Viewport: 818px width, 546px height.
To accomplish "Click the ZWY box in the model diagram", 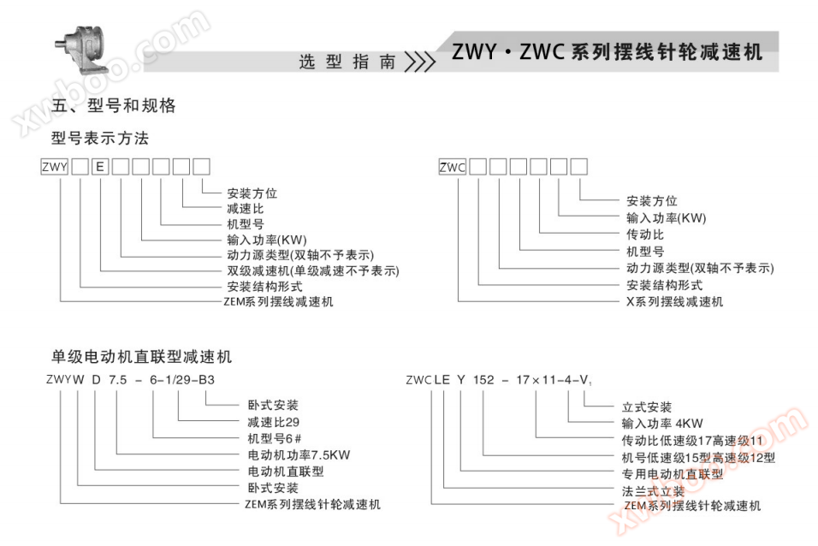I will point(54,168).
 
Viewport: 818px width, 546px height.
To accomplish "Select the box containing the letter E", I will point(100,168).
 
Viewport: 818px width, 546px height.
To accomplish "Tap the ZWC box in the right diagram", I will point(452,168).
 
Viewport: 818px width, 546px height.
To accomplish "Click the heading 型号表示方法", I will point(99,138).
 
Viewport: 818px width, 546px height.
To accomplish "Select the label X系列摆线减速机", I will point(674,301).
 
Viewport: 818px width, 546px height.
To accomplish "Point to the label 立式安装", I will point(646,407).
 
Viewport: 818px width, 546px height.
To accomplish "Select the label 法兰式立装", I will point(653,490).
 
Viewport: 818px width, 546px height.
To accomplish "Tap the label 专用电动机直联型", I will point(672,473).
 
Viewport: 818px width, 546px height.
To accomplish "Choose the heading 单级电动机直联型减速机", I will point(141,356).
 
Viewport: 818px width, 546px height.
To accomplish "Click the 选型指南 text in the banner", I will point(347,62).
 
